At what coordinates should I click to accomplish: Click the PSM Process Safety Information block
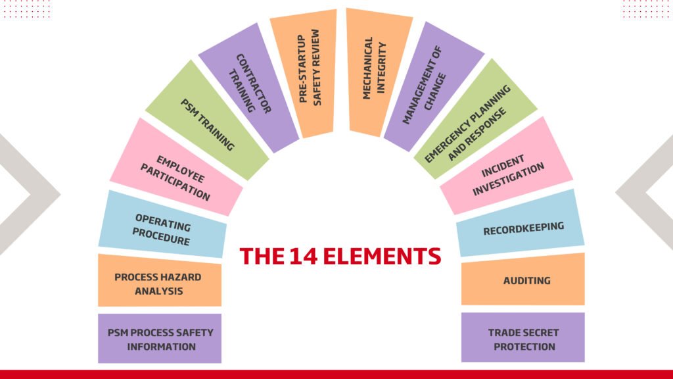[x=160, y=339]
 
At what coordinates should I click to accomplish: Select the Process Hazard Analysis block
[x=160, y=282]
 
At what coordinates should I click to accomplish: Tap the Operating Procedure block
[x=162, y=228]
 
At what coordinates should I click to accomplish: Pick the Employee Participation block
[x=175, y=176]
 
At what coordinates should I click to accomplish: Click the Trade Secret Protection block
[x=523, y=339]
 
